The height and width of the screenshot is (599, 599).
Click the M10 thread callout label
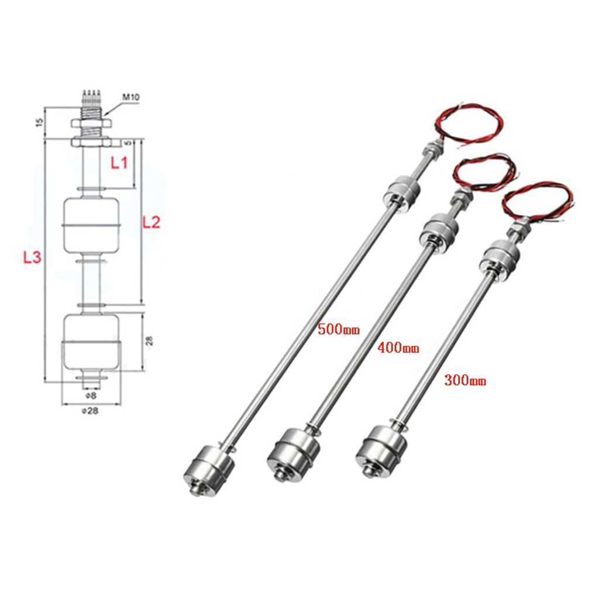130,97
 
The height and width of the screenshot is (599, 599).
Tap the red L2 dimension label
151,221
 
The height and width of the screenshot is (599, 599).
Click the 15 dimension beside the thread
39,122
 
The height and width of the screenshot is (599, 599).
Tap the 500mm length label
338,329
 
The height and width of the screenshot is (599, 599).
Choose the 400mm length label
398,349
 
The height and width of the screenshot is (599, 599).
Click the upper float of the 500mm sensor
402,194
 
